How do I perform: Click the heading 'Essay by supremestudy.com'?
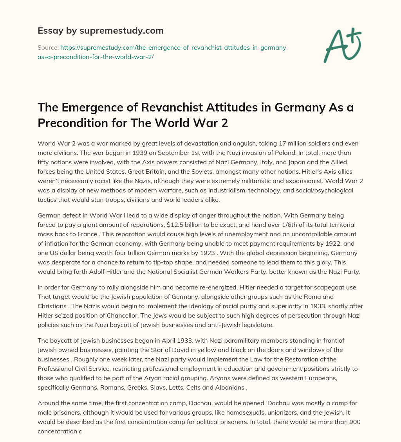pos(100,31)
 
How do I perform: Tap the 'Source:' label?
pos(47,47)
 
